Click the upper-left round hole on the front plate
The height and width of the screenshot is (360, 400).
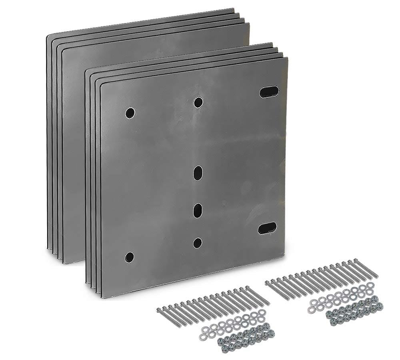130,113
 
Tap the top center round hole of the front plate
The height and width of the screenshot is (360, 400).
198,102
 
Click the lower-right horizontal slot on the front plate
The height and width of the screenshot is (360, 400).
267,228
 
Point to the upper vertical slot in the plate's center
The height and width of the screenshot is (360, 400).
198,174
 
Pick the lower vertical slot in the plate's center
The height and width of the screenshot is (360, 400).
198,210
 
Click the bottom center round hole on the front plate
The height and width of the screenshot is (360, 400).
198,242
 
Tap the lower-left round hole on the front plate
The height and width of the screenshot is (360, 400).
129,257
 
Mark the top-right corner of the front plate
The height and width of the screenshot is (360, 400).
286,58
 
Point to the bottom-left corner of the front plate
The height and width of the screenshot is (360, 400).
102,297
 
